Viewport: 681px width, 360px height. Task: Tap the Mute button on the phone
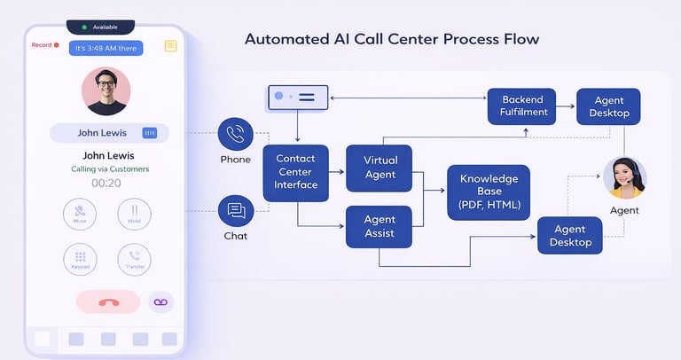81,214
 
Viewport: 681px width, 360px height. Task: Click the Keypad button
81,260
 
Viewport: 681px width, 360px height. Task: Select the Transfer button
134,260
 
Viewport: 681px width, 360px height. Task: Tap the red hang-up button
108,302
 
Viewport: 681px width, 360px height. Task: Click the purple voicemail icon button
160,302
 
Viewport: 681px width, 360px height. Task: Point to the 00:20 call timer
106,183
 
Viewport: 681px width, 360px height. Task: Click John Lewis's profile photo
106,91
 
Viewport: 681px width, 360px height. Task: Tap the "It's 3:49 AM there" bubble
106,48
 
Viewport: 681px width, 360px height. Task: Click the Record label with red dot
45,44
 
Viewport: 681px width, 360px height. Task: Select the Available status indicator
100,27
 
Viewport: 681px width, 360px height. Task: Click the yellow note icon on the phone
170,46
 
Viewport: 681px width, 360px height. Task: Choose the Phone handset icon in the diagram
235,134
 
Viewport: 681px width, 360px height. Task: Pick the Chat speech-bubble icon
236,211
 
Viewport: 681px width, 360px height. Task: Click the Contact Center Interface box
296,172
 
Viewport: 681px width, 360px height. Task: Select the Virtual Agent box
380,168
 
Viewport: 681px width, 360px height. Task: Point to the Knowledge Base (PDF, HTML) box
489,192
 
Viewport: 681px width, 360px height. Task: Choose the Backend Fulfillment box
521,106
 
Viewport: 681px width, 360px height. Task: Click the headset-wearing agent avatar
624,178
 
